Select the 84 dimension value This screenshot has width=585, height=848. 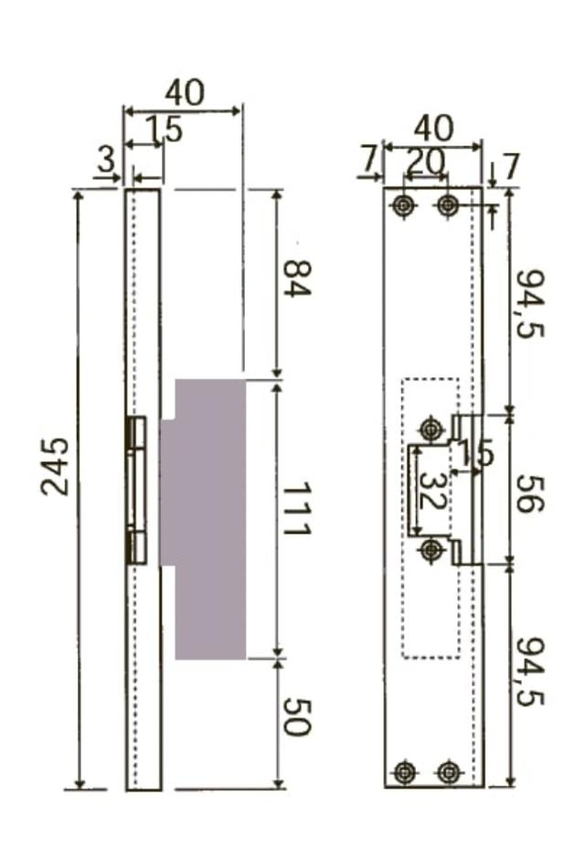click(x=296, y=278)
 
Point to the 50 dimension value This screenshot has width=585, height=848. click(x=296, y=717)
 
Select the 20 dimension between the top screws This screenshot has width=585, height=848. click(x=425, y=161)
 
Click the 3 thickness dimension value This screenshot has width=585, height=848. click(x=107, y=161)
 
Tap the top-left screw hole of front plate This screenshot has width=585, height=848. click(x=404, y=206)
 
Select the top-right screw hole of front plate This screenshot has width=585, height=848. click(x=447, y=206)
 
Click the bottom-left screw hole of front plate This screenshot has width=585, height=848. click(x=404, y=772)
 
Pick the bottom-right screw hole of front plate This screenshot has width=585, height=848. click(x=447, y=772)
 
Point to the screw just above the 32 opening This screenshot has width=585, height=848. click(x=431, y=428)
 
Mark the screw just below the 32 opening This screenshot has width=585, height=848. click(x=432, y=550)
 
